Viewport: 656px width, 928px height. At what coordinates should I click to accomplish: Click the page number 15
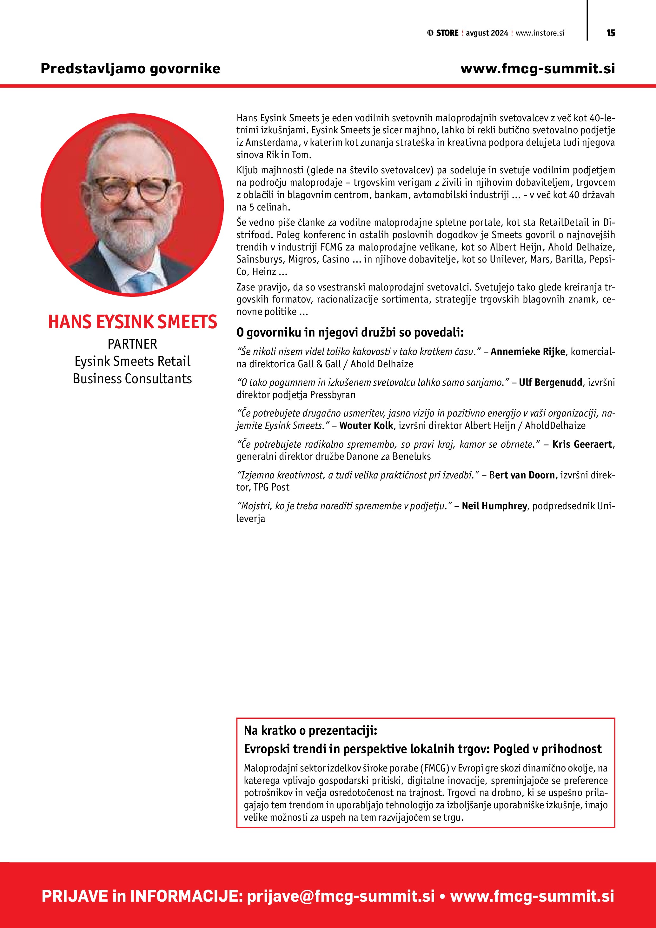pos(610,33)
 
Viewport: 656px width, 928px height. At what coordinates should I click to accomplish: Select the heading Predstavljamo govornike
pos(130,68)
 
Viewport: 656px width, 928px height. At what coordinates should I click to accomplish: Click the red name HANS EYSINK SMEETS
pos(132,322)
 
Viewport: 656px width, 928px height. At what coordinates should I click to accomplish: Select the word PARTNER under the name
pos(132,344)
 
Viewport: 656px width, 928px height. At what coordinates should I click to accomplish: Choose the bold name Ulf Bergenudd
pos(550,382)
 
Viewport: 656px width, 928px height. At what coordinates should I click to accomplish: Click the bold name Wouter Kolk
pos(366,426)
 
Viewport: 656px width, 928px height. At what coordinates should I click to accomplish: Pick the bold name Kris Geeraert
pos(582,444)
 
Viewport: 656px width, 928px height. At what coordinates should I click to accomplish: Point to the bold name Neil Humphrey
pos(494,506)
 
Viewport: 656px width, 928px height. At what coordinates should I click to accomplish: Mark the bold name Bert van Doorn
pos(522,475)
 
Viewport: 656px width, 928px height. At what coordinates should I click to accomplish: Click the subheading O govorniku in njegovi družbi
pos(350,333)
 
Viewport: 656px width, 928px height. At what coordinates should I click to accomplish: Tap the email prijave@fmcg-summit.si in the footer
pos(341,896)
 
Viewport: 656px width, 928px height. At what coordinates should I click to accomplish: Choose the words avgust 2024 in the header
pos(487,33)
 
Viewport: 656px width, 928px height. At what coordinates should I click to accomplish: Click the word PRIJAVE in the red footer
pos(75,896)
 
